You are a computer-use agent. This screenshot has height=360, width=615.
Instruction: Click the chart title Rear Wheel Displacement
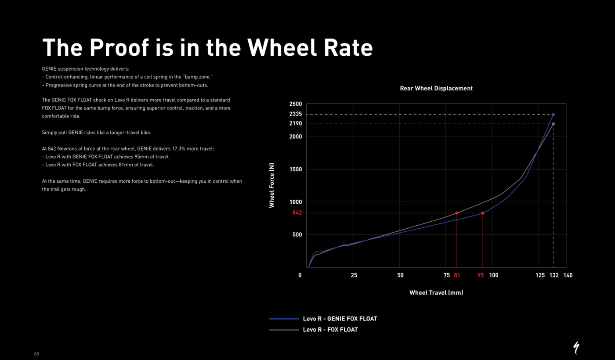tap(436, 88)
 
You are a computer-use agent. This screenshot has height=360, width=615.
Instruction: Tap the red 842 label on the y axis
tap(297, 213)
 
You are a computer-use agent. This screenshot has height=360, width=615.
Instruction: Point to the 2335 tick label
tap(296, 114)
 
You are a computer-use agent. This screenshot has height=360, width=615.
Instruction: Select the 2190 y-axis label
tap(296, 124)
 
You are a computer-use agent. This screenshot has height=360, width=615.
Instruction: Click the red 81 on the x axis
tap(457, 275)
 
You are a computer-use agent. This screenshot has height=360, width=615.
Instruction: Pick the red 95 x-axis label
tap(481, 275)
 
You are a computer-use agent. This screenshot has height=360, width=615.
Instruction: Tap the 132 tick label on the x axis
tap(554, 275)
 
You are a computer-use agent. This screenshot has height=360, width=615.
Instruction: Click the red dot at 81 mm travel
tap(457, 213)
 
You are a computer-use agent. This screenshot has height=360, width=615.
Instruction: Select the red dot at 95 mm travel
tap(483, 213)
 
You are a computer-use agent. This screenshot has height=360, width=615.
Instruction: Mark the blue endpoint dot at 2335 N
tap(553, 115)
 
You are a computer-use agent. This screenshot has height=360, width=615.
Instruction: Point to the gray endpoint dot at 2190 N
tap(553, 124)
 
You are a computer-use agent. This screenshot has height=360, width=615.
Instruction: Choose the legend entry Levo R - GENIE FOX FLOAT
tap(340, 319)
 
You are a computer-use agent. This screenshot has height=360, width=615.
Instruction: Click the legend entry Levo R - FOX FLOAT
tap(330, 330)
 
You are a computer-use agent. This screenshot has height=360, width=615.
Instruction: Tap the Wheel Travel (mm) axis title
tap(436, 293)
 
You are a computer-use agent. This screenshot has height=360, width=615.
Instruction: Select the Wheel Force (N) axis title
tap(272, 185)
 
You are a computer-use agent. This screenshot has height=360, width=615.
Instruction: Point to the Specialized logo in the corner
tap(576, 347)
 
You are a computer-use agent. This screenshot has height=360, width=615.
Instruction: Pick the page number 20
tap(36, 354)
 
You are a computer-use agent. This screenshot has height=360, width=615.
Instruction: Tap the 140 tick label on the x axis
tap(568, 275)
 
